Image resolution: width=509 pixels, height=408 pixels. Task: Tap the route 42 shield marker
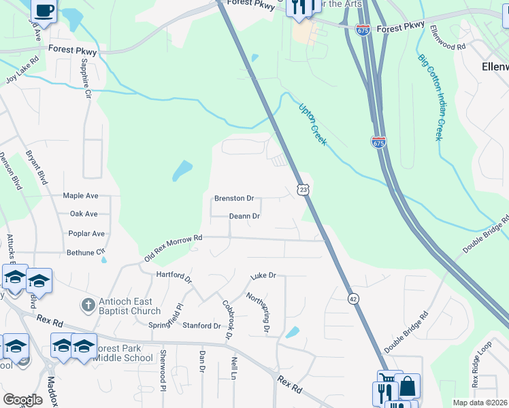(353, 299)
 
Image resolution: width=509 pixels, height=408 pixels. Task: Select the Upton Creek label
(313, 124)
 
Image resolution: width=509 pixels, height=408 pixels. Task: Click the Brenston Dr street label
(234, 199)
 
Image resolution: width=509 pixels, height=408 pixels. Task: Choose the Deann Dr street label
(244, 216)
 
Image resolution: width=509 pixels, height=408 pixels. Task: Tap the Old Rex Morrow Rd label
(174, 249)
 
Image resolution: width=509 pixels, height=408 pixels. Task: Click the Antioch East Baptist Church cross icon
(87, 305)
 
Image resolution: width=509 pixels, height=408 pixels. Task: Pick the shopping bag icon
(408, 387)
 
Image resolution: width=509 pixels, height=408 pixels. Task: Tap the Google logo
(22, 399)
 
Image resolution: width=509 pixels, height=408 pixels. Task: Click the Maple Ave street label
(81, 196)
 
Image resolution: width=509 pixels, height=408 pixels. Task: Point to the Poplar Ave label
(86, 233)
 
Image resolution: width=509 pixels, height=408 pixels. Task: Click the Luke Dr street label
(263, 275)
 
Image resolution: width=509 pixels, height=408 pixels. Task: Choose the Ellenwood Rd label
(447, 38)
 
